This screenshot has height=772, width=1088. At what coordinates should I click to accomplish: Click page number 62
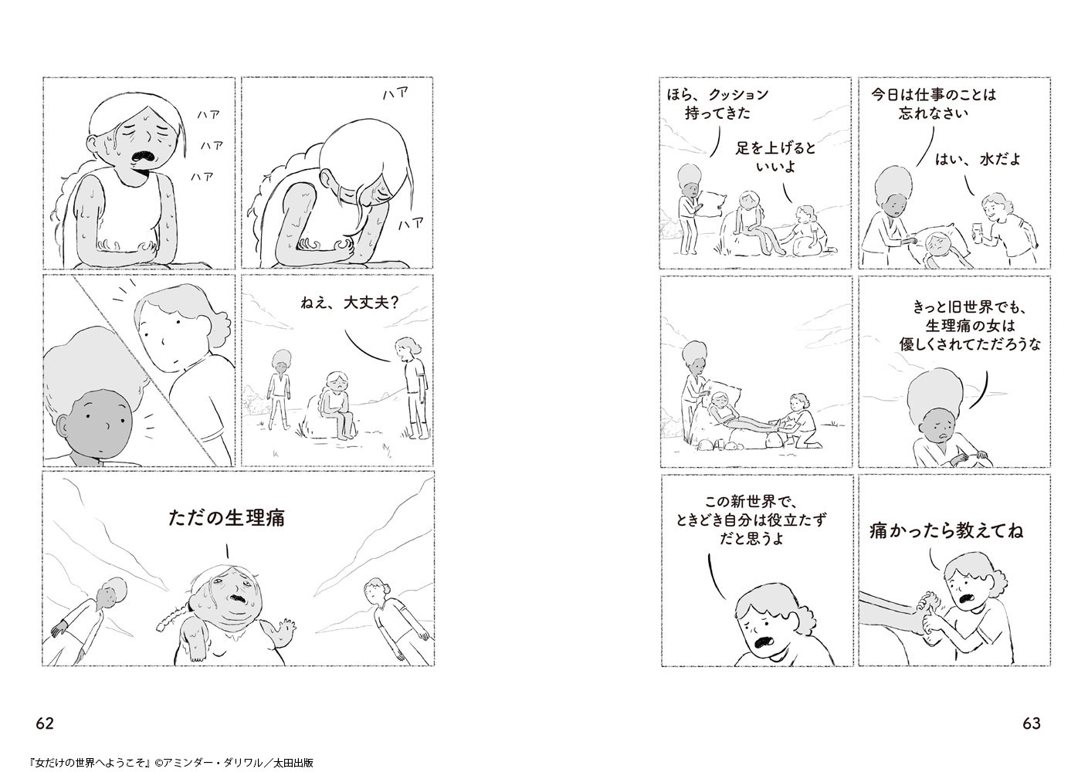(45, 723)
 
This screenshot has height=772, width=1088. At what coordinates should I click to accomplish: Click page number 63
(1032, 723)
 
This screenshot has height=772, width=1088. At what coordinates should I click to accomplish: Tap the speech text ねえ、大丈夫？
(350, 303)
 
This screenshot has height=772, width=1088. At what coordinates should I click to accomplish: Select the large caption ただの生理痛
(227, 518)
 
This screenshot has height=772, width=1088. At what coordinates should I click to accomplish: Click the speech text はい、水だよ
(978, 159)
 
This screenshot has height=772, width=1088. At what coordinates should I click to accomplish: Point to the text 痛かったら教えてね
(946, 530)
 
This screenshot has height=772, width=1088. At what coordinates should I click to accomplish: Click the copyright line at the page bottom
(171, 762)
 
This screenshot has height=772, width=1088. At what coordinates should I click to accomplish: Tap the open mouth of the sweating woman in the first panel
(144, 157)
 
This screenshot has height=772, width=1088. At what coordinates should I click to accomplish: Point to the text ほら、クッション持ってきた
(718, 103)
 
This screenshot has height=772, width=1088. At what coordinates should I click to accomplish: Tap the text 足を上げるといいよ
(776, 157)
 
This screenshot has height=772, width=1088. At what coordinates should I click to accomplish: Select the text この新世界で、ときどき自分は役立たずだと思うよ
(751, 520)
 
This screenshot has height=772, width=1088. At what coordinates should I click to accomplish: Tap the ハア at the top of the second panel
(395, 93)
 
